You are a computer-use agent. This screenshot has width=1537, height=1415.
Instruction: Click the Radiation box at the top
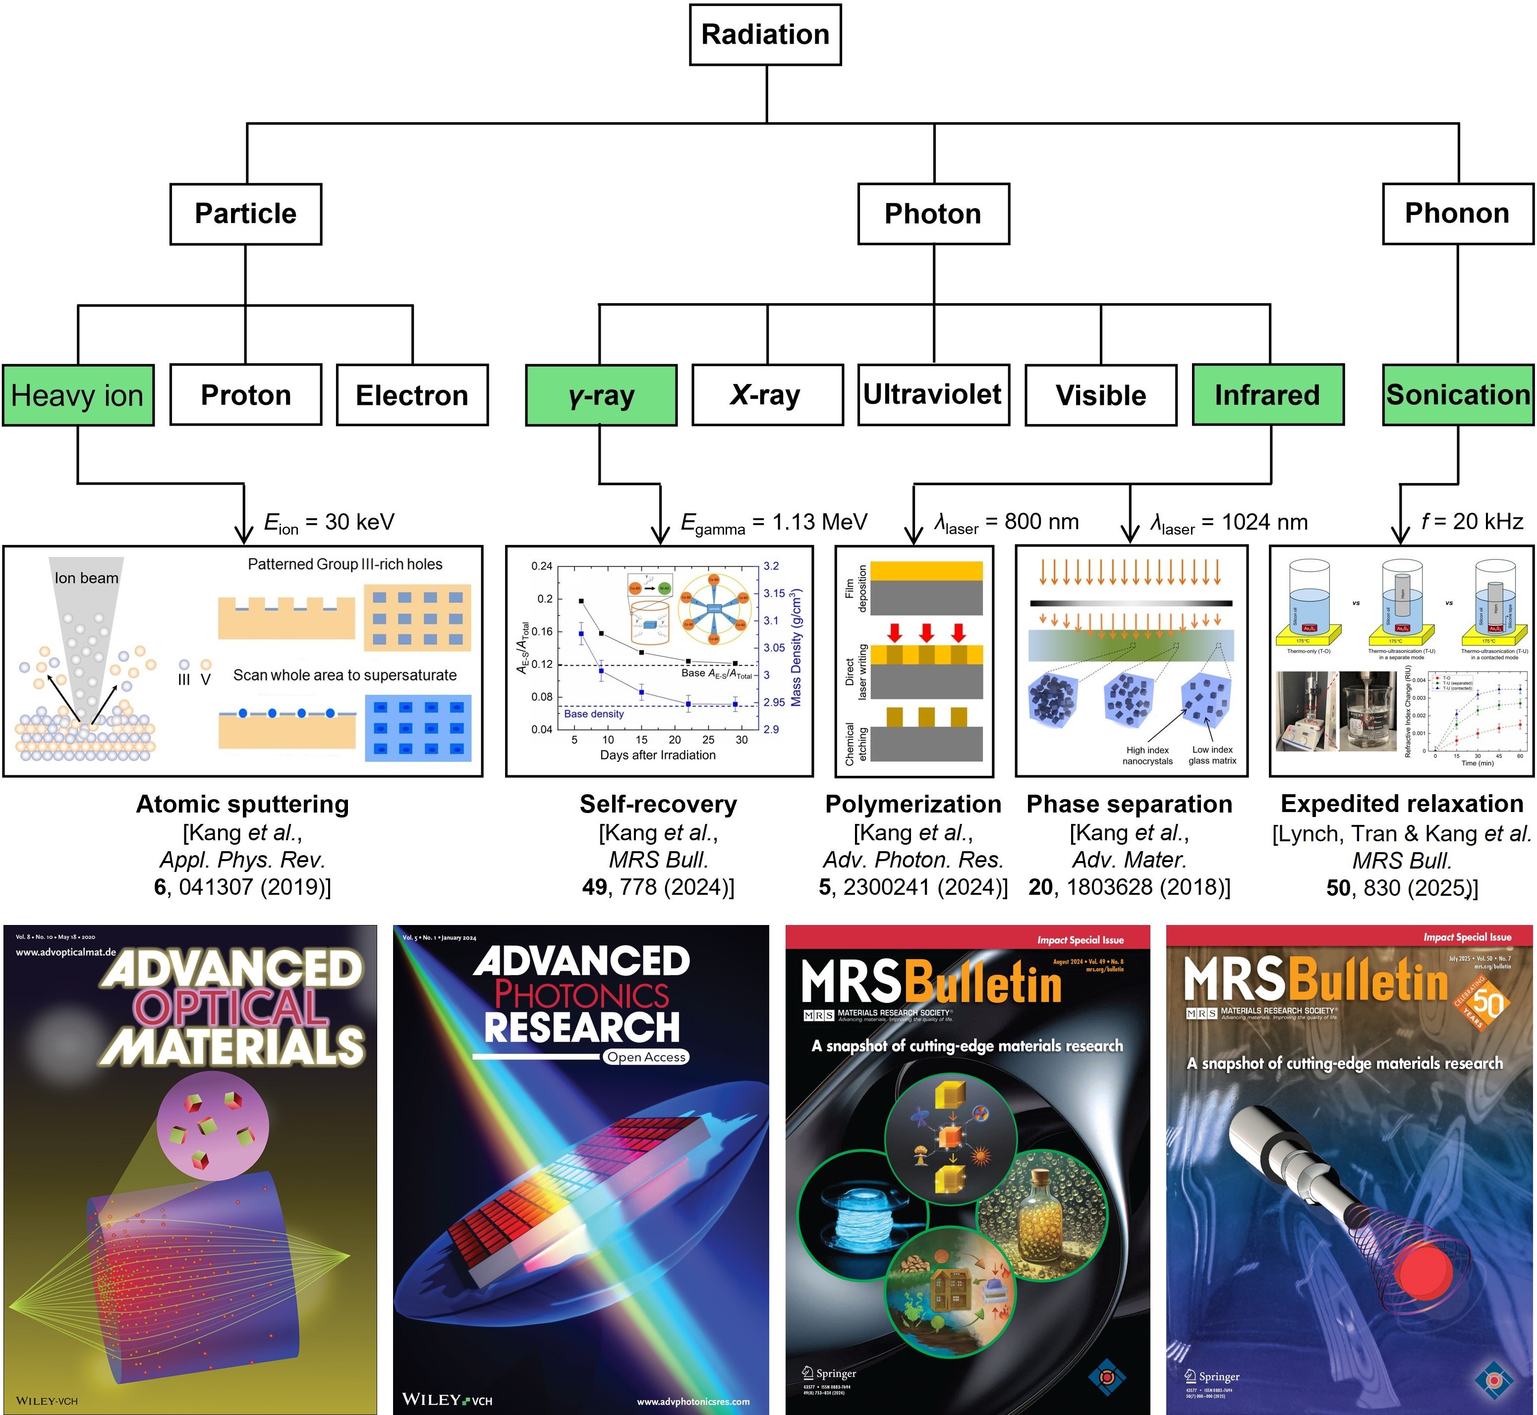pyautogui.click(x=765, y=35)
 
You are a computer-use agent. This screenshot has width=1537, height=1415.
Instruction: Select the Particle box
pyautogui.click(x=245, y=214)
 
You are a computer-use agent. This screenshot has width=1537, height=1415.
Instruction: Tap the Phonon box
pyautogui.click(x=1457, y=214)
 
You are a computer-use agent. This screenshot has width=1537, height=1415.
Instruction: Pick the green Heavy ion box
pyautogui.click(x=77, y=395)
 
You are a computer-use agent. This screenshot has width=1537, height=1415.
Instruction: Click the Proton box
pyautogui.click(x=245, y=395)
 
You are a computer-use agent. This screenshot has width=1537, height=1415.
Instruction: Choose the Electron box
pyautogui.click(x=412, y=395)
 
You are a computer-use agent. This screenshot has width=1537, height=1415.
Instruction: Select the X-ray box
pyautogui.click(x=767, y=395)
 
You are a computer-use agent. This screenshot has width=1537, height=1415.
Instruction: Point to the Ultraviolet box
pyautogui.click(x=933, y=394)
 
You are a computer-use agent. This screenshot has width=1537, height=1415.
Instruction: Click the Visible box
pyautogui.click(x=1100, y=395)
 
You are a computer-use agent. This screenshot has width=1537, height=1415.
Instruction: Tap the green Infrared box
pyautogui.click(x=1267, y=395)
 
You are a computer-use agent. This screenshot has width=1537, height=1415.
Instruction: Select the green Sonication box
pyautogui.click(x=1457, y=394)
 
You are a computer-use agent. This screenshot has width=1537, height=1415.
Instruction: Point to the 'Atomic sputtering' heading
pyautogui.click(x=242, y=804)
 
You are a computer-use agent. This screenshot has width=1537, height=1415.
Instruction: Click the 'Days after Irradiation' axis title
pyautogui.click(x=658, y=755)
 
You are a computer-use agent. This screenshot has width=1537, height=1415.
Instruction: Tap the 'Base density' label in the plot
pyautogui.click(x=593, y=713)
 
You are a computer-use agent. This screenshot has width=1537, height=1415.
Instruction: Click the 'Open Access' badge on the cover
pyautogui.click(x=646, y=1057)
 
